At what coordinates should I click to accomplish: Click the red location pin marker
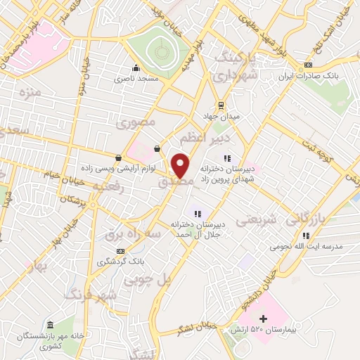coord(181,165)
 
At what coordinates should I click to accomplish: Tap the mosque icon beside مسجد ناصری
coord(135,68)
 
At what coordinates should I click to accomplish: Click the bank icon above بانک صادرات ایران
coord(307,64)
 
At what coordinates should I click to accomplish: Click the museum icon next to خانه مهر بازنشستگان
coord(49,325)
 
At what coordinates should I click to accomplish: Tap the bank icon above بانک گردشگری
coord(121,250)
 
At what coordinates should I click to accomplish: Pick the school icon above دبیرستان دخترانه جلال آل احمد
coord(198,214)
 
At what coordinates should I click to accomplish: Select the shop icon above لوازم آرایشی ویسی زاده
coord(117,157)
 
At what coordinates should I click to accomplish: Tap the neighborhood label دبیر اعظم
coord(198,134)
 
